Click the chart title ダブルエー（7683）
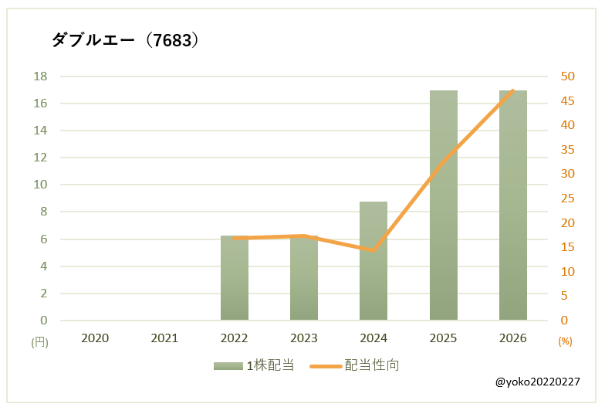tap(126, 40)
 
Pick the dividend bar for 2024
tap(373, 263)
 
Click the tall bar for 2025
tap(443, 205)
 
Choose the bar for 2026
tap(513, 205)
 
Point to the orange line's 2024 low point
tap(373, 250)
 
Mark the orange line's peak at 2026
tap(513, 90)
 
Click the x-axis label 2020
tap(95, 338)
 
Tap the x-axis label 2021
tap(164, 338)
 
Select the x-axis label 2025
tap(443, 338)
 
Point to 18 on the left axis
tap(40, 76)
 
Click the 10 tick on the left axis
tap(40, 185)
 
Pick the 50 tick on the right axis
tap(568, 76)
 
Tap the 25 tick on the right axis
tap(568, 199)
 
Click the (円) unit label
tap(39, 341)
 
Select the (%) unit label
tap(565, 341)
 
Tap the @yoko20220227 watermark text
tap(538, 382)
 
